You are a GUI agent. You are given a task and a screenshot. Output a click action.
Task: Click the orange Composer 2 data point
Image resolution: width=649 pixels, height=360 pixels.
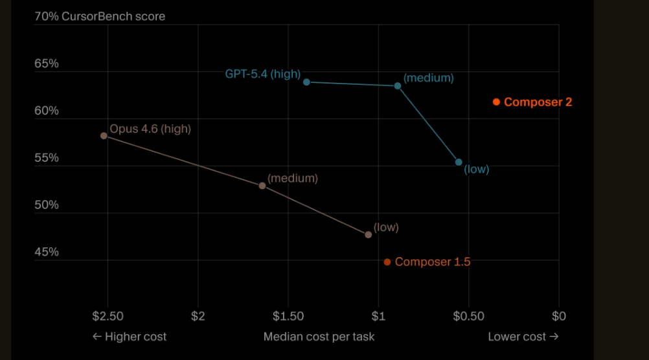(496, 102)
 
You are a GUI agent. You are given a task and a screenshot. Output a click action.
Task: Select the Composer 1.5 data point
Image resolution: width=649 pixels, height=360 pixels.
(387, 262)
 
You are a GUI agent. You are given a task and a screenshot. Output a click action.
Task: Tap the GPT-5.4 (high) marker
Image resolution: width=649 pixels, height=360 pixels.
(306, 82)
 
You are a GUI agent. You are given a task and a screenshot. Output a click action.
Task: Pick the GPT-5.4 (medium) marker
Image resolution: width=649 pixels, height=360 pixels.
(398, 85)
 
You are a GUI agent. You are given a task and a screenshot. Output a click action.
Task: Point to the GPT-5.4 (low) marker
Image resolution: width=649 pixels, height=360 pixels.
(459, 163)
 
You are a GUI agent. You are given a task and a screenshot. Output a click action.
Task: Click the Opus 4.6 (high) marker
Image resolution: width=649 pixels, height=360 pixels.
(104, 136)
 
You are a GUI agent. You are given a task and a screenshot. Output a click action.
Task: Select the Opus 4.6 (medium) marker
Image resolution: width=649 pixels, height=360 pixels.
(262, 186)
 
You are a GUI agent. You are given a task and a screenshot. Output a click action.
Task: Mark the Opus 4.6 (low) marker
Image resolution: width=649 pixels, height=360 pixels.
(369, 234)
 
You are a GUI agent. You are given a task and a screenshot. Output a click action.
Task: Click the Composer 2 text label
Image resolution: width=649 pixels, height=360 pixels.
(538, 102)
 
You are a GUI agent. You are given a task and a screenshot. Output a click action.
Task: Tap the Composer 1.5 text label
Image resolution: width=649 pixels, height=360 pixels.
(432, 262)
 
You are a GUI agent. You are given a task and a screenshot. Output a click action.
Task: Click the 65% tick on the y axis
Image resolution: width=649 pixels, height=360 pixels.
(47, 63)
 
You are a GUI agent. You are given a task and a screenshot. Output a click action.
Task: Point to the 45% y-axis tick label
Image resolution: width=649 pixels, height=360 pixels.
(47, 252)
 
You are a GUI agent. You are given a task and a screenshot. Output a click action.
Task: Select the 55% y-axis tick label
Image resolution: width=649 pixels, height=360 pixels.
(47, 158)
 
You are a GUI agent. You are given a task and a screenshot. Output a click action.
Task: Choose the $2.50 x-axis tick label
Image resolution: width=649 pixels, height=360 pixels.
(108, 316)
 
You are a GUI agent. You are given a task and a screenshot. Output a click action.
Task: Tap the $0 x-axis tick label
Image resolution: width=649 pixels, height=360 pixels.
(559, 316)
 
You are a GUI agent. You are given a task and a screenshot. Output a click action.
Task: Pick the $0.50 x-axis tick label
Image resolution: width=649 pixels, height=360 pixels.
(469, 316)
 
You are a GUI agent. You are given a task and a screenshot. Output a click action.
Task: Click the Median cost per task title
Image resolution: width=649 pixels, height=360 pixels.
(319, 337)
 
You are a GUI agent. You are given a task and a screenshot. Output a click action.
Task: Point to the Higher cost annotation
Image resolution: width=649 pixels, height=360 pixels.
(130, 337)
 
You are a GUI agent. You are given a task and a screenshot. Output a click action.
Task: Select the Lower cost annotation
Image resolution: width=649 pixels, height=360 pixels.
(523, 337)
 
